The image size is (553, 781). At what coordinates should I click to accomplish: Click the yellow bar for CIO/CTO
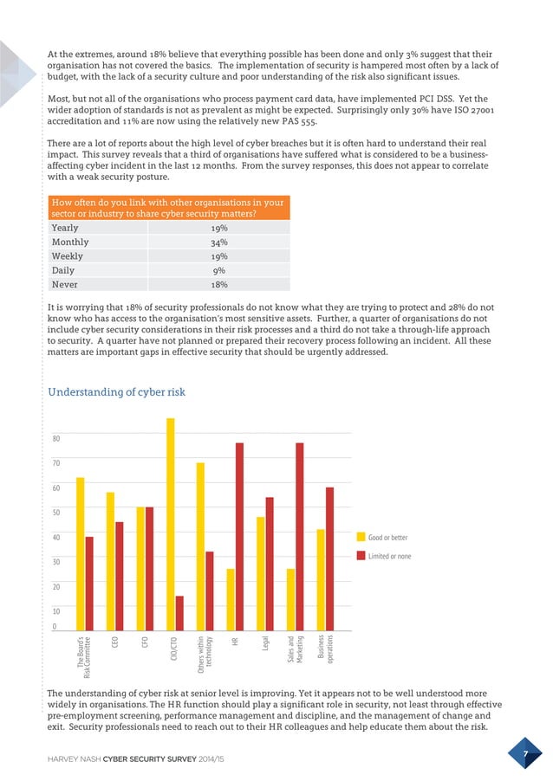[171, 524]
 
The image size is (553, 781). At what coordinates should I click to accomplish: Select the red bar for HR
[239, 537]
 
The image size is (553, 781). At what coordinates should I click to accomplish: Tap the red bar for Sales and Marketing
[299, 537]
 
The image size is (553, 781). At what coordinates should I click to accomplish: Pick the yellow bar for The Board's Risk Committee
[81, 554]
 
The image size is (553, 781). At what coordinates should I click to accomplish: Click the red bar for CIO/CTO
[179, 613]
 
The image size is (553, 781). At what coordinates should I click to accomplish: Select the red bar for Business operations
[329, 558]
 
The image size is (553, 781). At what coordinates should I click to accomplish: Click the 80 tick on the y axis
[57, 439]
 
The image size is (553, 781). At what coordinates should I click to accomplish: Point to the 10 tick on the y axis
[57, 610]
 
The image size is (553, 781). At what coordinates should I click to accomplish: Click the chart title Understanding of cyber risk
[116, 392]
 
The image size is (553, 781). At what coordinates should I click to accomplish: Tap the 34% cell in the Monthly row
[219, 242]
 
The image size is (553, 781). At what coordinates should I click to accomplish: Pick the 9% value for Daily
[219, 270]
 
